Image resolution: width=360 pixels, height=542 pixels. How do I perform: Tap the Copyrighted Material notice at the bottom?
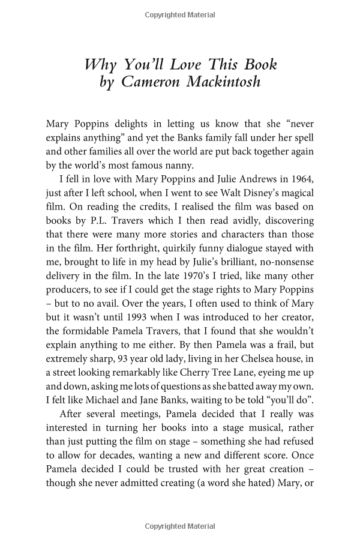point(179,526)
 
